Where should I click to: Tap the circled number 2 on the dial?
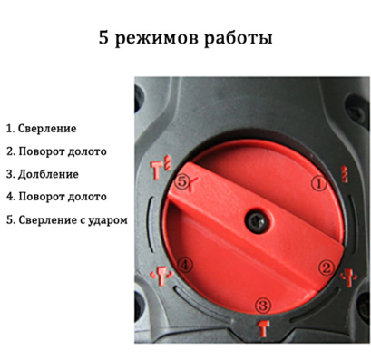[325, 266]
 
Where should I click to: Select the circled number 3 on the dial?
[263, 304]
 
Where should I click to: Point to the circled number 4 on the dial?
[185, 265]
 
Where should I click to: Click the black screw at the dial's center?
[256, 219]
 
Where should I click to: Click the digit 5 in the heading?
[103, 41]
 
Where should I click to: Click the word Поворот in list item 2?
[42, 151]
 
